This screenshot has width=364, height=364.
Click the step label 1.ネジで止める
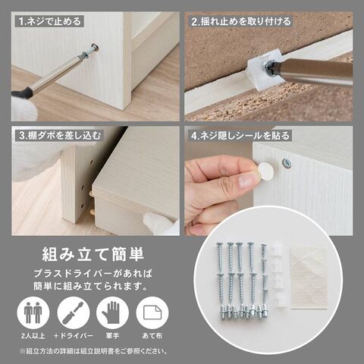click(50, 21)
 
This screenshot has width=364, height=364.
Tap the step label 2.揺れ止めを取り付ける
click(241, 21)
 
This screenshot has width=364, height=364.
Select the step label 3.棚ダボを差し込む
click(60, 136)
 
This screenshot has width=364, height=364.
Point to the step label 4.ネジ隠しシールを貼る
click(240, 136)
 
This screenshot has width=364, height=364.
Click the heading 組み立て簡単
click(93, 254)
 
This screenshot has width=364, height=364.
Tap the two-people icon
click(33, 312)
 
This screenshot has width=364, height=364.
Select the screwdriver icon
click(74, 312)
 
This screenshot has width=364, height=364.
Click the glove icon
click(112, 312)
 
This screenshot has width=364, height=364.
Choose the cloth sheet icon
click(152, 312)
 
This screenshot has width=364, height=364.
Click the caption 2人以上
click(33, 336)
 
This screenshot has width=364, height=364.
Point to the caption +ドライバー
click(74, 336)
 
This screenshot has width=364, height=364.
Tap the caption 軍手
click(112, 336)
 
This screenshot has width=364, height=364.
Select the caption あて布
click(152, 336)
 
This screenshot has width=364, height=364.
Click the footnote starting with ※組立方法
click(93, 351)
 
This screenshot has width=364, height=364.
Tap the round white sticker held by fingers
click(265, 171)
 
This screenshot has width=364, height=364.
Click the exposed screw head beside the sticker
click(287, 163)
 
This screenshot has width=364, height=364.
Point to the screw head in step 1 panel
click(94, 47)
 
